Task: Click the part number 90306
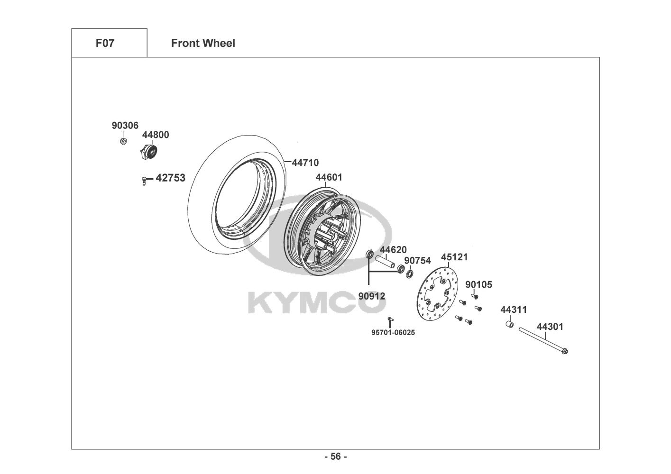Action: [x=125, y=126]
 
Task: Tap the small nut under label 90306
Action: [x=123, y=141]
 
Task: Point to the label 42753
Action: [x=170, y=178]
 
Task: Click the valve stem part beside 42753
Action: [x=144, y=180]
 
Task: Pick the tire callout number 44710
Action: [x=305, y=163]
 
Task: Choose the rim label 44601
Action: [x=329, y=178]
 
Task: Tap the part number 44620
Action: [x=393, y=250]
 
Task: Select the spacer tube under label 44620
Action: [x=385, y=262]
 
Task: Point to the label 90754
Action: [x=417, y=261]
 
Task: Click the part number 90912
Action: [x=372, y=296]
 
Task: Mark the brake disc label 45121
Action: [x=454, y=257]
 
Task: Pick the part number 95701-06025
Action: [x=393, y=333]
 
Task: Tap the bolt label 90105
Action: [x=478, y=285]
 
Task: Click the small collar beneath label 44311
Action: [x=508, y=326]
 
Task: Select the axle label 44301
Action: [x=550, y=327]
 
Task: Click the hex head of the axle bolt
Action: [x=564, y=351]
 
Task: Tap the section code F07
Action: [x=105, y=43]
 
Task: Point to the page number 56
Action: [x=335, y=457]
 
